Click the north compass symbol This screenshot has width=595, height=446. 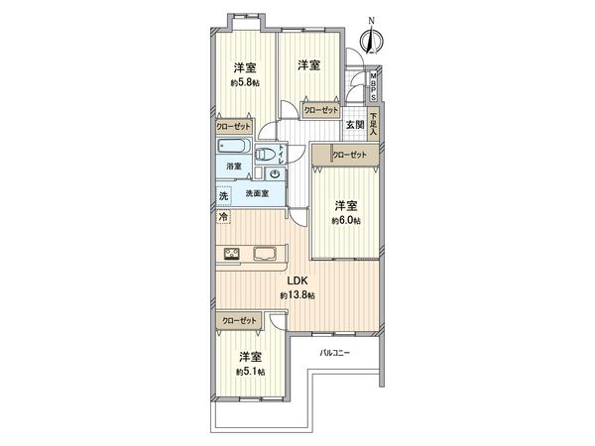point(372,39)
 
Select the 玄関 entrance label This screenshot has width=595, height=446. point(354,125)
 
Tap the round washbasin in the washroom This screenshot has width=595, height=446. point(274,174)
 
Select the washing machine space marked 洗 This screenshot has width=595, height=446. point(224,196)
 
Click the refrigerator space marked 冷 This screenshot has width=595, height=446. point(224,216)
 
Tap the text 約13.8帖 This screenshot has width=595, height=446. point(297,296)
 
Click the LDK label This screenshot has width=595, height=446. point(297,281)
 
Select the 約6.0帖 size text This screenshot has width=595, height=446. point(344,221)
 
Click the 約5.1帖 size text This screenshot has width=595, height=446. point(249,371)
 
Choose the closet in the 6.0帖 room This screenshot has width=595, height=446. point(349,155)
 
